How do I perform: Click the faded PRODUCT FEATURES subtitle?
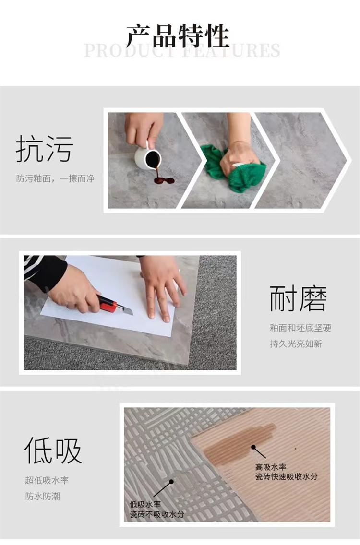point(182,51)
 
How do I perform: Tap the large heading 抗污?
point(44,149)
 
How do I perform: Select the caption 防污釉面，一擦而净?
point(55,178)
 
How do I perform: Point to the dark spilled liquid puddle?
point(164,181)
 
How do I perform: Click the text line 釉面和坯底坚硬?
point(300,328)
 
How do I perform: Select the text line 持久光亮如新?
point(296,344)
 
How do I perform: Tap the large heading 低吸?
point(53,450)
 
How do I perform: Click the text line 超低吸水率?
point(47,480)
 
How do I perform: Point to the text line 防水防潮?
point(43,496)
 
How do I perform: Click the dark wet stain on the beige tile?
point(240,439)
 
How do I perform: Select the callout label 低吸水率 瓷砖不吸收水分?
point(156,509)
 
